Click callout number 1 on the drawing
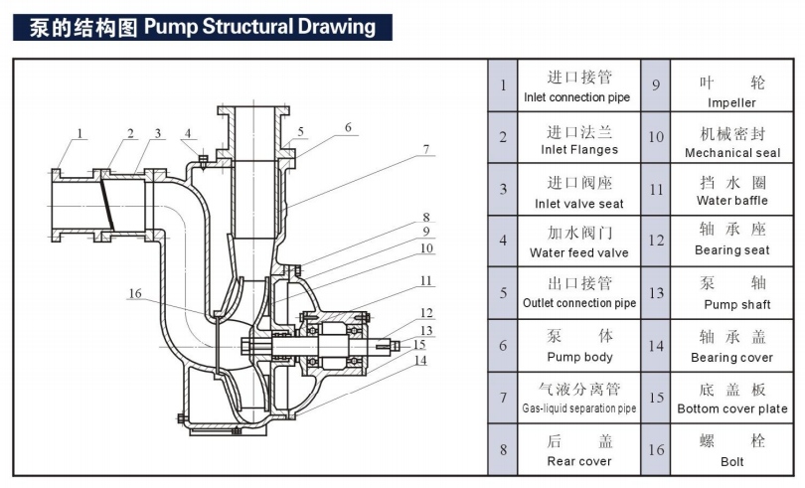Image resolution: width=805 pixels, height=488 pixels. [80, 132]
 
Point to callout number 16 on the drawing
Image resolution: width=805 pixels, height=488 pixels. [135, 292]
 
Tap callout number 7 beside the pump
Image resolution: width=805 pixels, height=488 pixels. [424, 150]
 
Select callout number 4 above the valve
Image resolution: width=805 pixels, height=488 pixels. [188, 133]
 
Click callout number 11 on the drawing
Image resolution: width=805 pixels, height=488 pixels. [424, 280]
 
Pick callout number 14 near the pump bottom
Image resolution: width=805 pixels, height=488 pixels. [419, 360]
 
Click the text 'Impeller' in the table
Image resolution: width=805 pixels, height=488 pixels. [731, 102]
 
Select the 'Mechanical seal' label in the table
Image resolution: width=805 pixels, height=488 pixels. [731, 153]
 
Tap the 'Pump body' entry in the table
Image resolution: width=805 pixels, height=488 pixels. [579, 357]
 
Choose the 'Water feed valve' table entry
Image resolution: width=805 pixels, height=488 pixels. [579, 253]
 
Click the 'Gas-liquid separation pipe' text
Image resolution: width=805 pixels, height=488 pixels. [579, 408]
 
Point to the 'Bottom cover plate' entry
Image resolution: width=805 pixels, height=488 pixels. [731, 408]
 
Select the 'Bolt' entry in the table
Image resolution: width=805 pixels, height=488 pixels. [731, 461]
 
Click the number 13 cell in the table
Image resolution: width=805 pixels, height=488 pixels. [656, 293]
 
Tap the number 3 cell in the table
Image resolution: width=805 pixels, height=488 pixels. [503, 189]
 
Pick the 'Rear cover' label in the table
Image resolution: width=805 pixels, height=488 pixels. [579, 461]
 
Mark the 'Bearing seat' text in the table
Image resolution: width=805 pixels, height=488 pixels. [731, 250]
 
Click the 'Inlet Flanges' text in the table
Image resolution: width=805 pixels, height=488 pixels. [579, 150]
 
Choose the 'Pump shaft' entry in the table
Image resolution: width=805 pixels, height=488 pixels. [731, 304]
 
